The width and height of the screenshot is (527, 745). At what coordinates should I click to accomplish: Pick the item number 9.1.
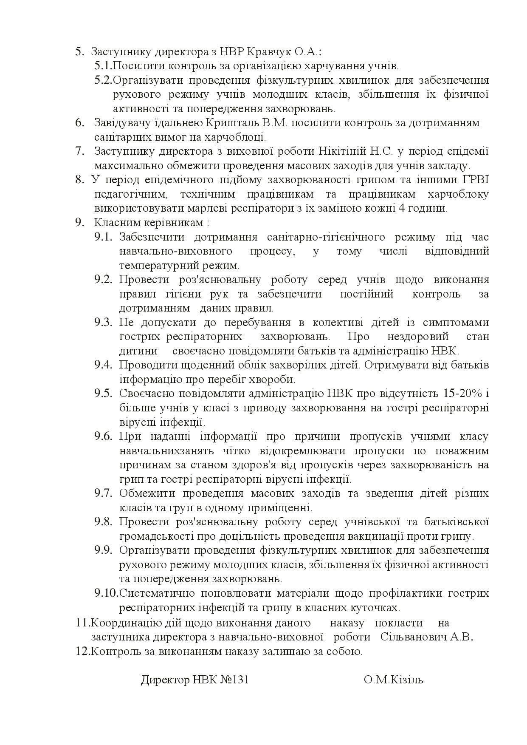pyautogui.click(x=103, y=237)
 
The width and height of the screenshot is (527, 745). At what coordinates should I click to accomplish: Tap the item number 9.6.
pyautogui.click(x=103, y=436)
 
